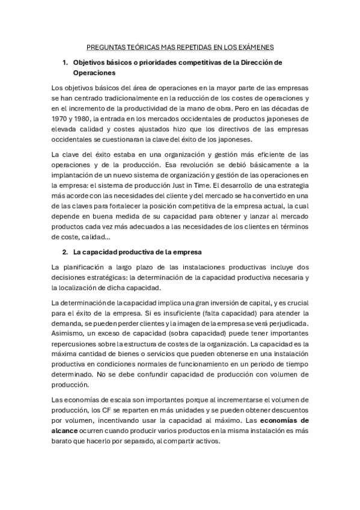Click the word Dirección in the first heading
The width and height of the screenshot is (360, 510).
tap(256, 63)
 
